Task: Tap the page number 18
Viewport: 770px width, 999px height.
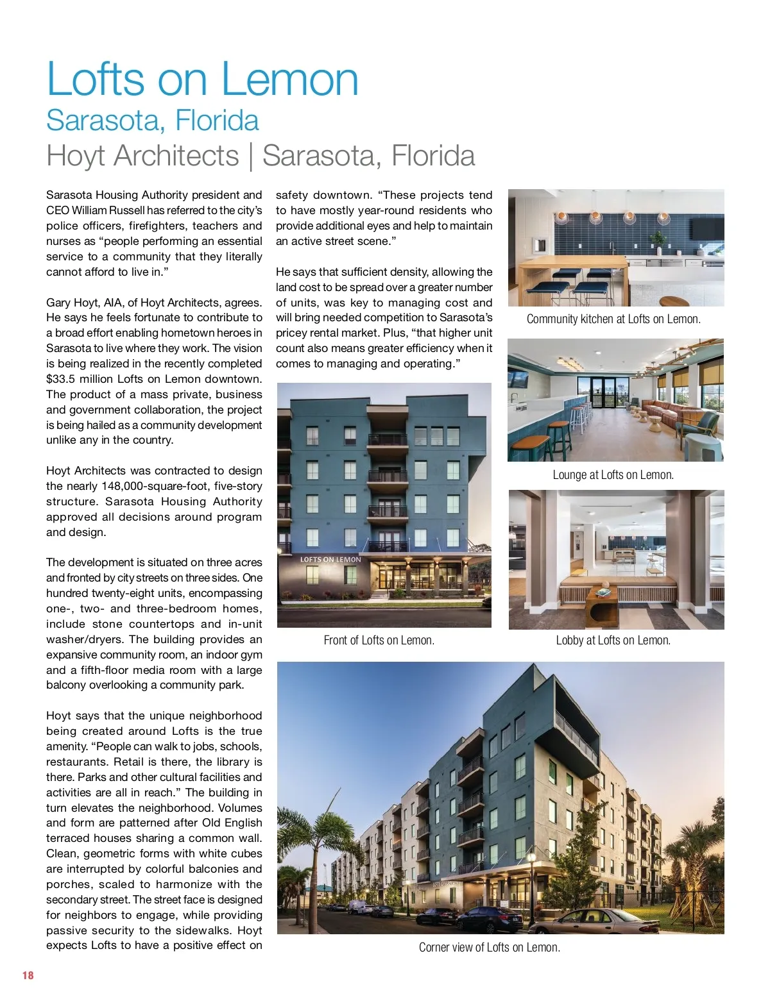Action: click(x=28, y=975)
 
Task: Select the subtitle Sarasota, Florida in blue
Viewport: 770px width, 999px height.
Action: click(x=153, y=121)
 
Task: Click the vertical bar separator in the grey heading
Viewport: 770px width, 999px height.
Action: click(x=250, y=156)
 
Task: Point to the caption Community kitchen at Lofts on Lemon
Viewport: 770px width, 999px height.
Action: click(x=613, y=319)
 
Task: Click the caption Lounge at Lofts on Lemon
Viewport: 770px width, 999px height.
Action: click(x=613, y=475)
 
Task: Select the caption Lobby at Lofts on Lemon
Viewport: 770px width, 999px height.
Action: click(x=613, y=640)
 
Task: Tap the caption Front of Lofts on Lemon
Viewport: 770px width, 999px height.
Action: click(x=379, y=640)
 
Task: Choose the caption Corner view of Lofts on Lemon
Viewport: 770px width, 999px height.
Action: click(x=489, y=947)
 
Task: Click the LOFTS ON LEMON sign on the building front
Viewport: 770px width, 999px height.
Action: click(x=330, y=559)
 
